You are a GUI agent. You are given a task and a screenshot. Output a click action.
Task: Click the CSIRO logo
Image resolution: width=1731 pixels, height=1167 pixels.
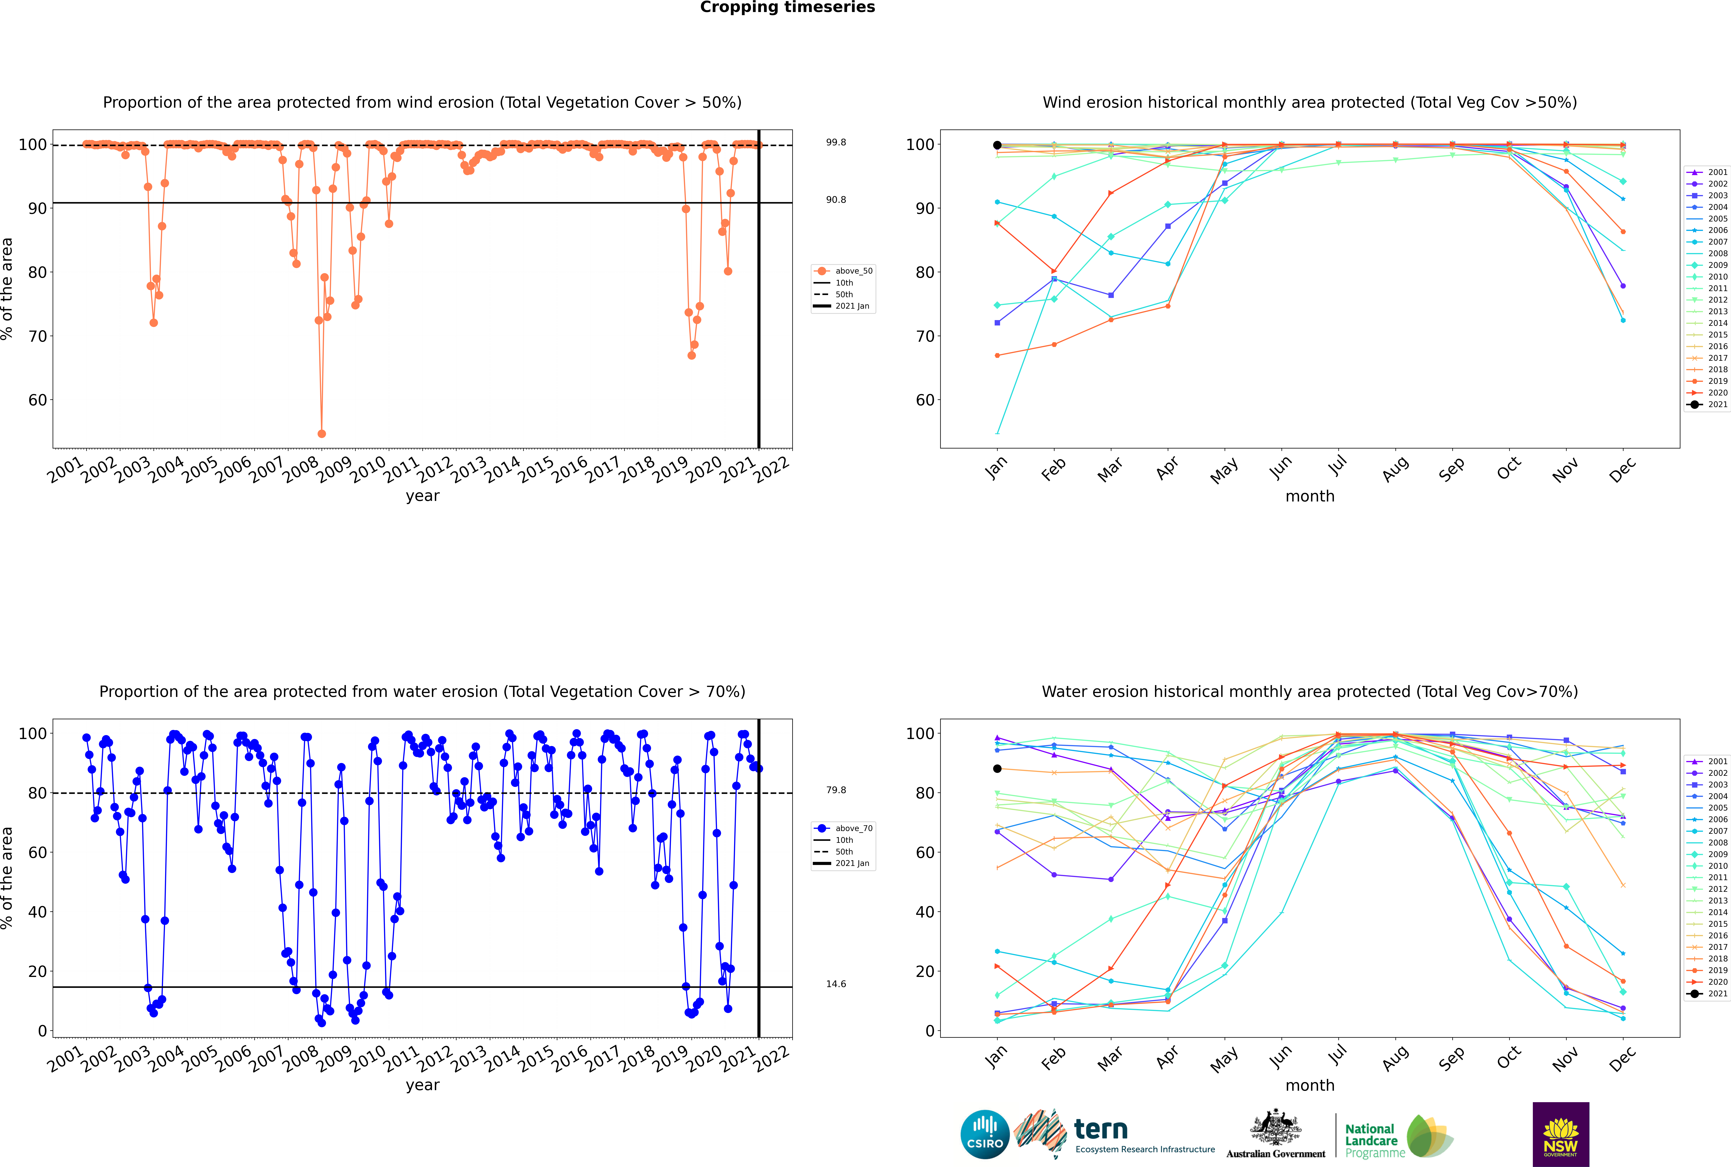tap(985, 1134)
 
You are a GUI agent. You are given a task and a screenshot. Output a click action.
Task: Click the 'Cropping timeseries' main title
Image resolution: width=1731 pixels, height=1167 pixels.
tap(787, 7)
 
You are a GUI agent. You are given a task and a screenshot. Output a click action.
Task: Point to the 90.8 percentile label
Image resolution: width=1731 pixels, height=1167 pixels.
tap(836, 199)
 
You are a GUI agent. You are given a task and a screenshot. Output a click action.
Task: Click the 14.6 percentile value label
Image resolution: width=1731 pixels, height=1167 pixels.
tap(836, 984)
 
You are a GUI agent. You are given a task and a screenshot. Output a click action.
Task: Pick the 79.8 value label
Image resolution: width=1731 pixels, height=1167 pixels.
tap(836, 790)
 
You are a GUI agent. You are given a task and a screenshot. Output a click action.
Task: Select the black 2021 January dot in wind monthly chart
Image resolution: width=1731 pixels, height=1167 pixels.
tap(997, 145)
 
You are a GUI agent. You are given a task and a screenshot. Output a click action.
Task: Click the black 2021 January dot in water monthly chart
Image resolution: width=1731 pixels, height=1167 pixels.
tap(997, 769)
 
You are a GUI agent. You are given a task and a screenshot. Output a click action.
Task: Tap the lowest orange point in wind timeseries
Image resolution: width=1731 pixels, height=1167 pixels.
tap(322, 434)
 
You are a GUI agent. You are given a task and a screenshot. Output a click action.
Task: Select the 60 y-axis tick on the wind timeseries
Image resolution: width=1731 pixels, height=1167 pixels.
tap(37, 400)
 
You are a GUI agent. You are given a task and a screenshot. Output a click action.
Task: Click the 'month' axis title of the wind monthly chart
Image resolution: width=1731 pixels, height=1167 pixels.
tap(1310, 497)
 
